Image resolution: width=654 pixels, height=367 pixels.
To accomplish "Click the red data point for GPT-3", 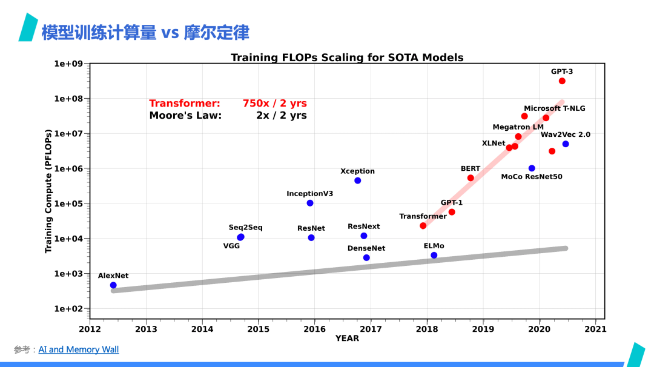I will click(562, 81).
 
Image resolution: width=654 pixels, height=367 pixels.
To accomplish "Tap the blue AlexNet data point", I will click(113, 285).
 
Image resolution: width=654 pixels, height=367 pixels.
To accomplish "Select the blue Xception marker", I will click(358, 180).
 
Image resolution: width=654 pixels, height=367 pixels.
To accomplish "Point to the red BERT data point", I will click(471, 178).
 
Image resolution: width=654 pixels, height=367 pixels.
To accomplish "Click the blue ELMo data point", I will click(434, 256).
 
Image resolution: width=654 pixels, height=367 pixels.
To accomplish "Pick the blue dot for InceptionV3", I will click(310, 203).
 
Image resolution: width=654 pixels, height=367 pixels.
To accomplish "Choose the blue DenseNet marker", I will click(366, 258).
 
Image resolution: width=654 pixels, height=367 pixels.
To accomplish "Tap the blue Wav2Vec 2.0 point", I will click(566, 144).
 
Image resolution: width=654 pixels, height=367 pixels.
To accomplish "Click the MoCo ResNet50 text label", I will click(532, 177).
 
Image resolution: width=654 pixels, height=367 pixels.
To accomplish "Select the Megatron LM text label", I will click(518, 127).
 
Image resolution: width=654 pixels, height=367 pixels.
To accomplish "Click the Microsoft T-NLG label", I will click(555, 108).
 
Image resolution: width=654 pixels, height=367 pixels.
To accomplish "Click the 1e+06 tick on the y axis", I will click(69, 168).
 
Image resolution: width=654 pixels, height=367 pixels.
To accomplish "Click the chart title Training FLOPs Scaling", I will click(347, 58).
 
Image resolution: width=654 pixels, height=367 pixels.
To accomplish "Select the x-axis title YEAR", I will click(347, 339).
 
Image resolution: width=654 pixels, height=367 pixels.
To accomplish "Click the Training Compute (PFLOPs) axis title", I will click(48, 191).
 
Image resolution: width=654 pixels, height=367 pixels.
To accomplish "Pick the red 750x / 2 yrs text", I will click(274, 104).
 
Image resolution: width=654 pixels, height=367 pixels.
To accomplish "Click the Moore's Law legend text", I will click(185, 115).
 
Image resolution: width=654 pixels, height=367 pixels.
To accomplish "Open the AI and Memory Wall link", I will click(79, 349).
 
